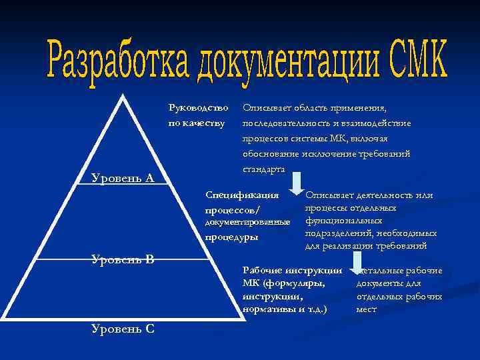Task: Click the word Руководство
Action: coord(198,107)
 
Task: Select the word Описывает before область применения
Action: coord(265,107)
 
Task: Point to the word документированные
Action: coord(247,221)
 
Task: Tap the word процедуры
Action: coord(231,237)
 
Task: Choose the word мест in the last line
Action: coord(366,309)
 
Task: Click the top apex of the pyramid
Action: coord(123,95)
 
